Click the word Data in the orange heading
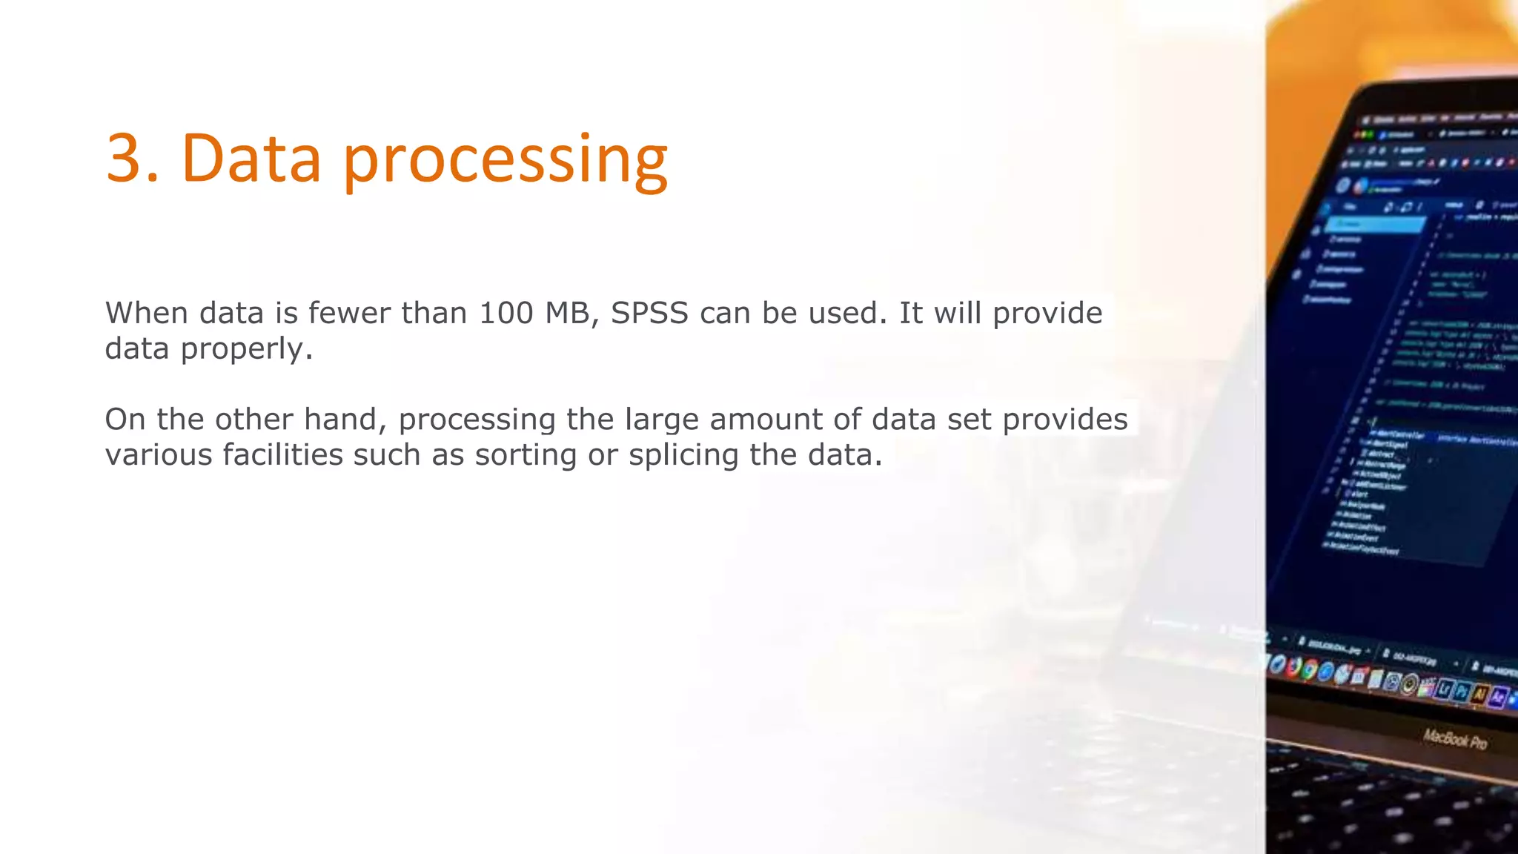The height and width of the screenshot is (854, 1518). click(x=251, y=158)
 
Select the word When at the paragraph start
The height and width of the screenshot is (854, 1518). click(x=146, y=314)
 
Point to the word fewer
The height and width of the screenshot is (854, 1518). click(x=349, y=314)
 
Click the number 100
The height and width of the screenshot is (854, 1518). click(x=506, y=314)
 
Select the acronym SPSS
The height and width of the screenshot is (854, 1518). click(x=649, y=314)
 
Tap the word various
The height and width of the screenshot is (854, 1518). click(x=159, y=455)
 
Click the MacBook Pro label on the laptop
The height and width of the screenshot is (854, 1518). click(x=1454, y=739)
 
